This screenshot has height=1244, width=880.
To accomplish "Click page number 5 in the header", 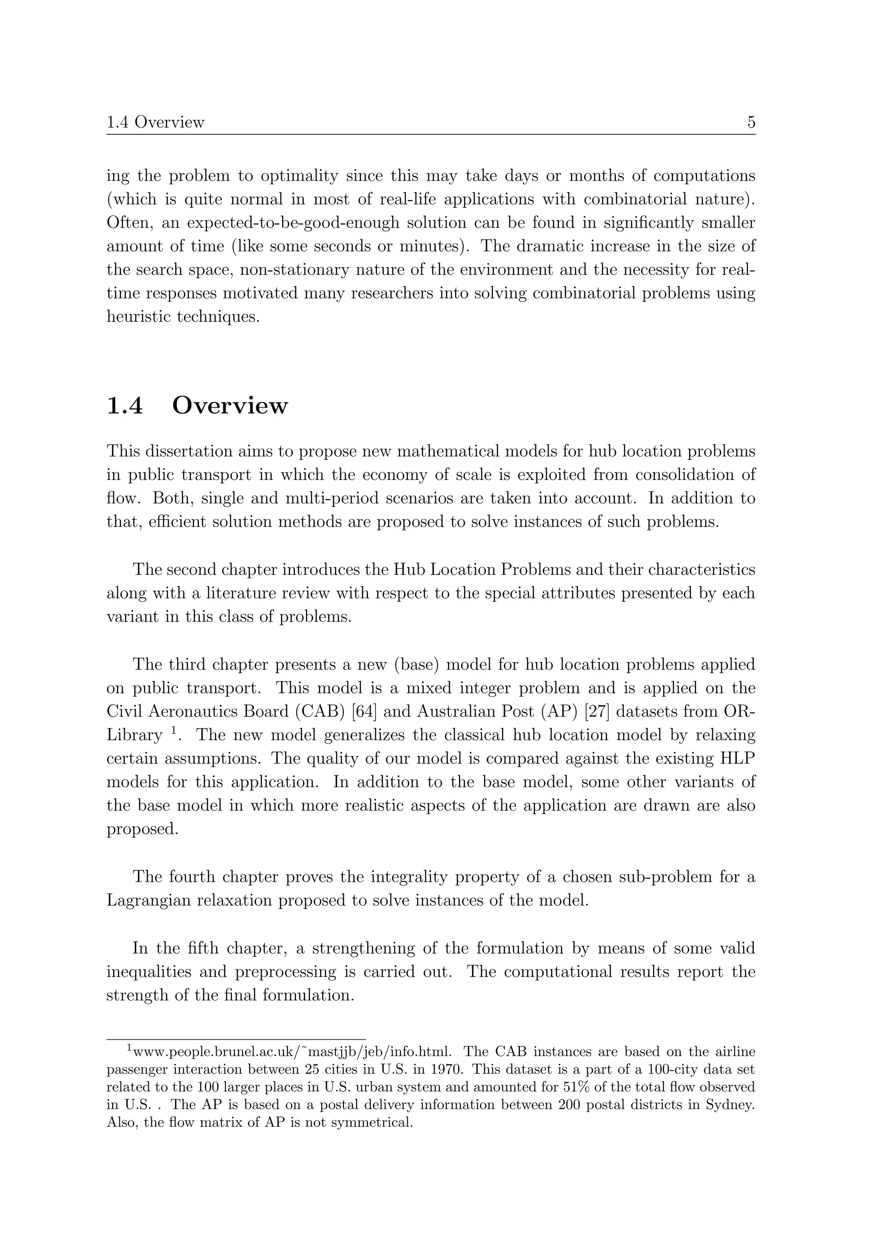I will point(751,122).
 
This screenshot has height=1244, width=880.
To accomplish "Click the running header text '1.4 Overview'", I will point(155,122).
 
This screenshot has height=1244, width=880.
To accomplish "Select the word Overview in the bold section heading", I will point(230,406).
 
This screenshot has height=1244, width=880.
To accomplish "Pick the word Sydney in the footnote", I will point(730,1104).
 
